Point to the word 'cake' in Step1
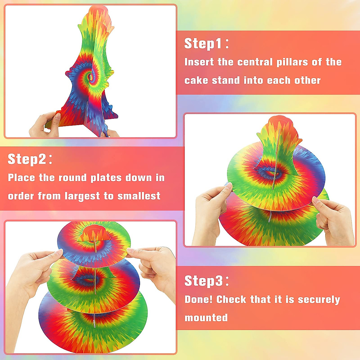click(x=196, y=80)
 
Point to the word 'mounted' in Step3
click(x=206, y=318)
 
